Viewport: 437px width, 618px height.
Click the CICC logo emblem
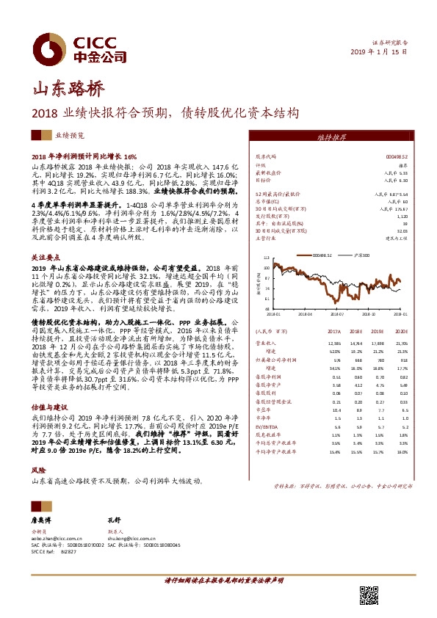pyautogui.click(x=51, y=46)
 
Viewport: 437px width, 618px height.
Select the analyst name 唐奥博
pyautogui.click(x=43, y=518)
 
